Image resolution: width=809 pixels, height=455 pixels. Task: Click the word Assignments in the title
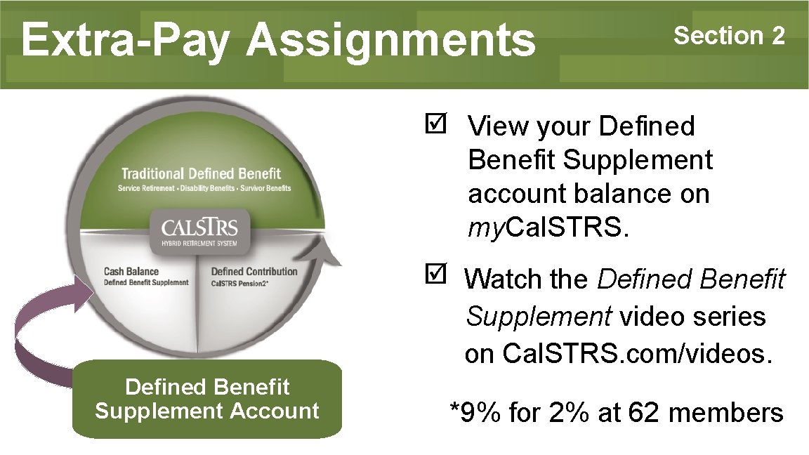[390, 40]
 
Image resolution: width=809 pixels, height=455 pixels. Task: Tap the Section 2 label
[729, 35]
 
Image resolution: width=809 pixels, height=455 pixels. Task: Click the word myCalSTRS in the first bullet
[545, 227]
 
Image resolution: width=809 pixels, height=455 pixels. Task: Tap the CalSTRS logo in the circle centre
[200, 229]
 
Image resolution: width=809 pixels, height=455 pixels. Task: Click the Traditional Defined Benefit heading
[201, 173]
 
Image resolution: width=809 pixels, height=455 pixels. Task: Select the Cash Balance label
[131, 272]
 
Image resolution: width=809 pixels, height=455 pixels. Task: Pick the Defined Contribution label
[254, 272]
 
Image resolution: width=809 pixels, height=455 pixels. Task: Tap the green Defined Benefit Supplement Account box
[207, 398]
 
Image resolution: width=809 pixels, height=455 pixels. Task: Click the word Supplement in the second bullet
[538, 317]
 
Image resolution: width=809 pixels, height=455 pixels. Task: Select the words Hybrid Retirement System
[200, 243]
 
